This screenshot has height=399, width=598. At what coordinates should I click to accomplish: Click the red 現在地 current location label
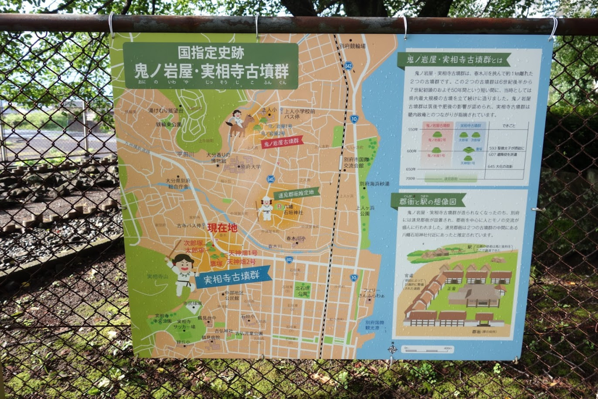222,228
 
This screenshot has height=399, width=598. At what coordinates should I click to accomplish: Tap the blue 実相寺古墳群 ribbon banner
233,277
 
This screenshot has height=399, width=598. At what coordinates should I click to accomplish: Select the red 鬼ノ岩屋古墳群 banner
282,142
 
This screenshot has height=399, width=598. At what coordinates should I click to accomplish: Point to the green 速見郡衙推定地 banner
297,193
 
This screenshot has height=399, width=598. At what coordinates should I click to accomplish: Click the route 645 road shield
271,179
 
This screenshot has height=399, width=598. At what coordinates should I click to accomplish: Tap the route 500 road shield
289,259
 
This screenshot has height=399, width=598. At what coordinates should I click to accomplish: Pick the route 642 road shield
348,65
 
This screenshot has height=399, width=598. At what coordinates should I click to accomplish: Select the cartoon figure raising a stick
182,272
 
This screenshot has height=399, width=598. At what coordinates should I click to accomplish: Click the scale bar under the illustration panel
427,349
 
